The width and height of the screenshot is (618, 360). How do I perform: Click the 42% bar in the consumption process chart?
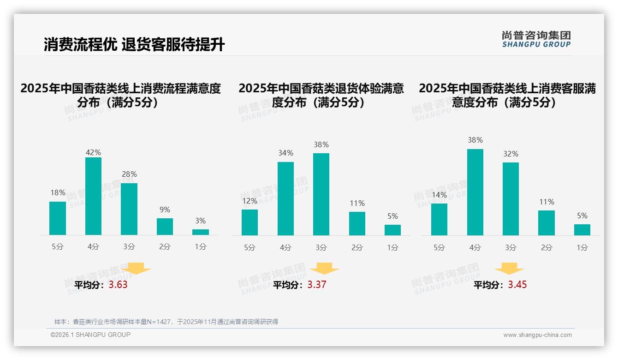coord(93,196)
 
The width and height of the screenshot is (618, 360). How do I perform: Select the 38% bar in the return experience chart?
coord(321,194)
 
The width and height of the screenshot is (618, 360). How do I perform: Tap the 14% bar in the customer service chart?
coord(439,219)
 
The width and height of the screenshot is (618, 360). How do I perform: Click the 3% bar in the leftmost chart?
coord(201,232)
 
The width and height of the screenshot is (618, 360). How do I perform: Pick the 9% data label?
coord(165,210)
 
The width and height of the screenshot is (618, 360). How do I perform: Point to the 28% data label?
coord(129,174)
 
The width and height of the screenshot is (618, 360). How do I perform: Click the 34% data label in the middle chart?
coord(285,153)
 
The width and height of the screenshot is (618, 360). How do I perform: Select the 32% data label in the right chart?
coord(511,154)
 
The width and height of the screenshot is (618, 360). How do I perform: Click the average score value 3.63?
coord(118,285)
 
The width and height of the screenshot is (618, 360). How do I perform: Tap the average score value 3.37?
coord(317,285)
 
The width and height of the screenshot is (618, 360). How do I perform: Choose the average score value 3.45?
coord(517,285)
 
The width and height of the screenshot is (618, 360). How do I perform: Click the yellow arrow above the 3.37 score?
coord(324,269)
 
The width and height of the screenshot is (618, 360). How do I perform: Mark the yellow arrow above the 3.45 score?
coord(509,269)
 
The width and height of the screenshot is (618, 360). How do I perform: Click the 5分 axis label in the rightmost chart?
coord(439,248)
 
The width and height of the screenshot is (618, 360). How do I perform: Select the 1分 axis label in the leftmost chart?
coord(201,247)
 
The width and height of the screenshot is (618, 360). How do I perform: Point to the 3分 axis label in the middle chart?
coord(321,248)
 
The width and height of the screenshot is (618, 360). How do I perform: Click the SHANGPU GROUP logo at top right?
coord(536,39)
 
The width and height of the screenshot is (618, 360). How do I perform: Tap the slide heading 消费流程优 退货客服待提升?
coord(134,45)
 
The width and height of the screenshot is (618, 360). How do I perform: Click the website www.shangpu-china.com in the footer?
coord(537,335)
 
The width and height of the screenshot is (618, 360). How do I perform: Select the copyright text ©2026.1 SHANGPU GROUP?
coord(90,335)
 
